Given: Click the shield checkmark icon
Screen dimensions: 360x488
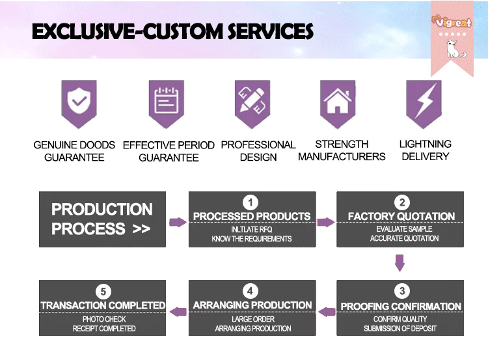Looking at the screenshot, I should pos(79,101).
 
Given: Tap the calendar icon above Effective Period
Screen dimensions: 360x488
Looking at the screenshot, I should pos(166,101).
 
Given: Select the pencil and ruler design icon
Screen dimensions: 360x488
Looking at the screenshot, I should pos(252,101).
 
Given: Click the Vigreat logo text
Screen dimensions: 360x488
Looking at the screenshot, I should pos(451,21).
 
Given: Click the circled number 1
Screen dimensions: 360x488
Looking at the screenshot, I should pos(251,202).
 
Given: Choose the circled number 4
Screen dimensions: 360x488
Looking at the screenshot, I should pos(251,291).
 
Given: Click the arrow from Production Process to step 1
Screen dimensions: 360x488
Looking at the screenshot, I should pos(178,222).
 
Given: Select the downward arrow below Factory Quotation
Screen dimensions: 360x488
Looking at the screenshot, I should pos(400,262).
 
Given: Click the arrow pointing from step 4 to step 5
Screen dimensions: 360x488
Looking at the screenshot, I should pos(178,312).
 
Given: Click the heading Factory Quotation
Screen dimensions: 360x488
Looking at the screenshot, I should pos(401,216).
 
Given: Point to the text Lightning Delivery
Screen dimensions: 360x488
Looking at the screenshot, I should pos(425,150).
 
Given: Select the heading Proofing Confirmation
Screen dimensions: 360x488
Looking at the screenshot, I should pos(401,306).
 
